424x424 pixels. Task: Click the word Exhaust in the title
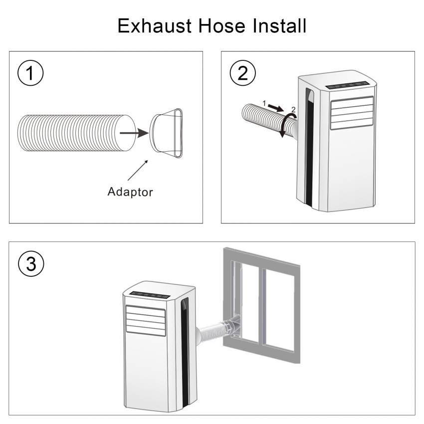(x=155, y=26)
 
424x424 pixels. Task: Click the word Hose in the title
(x=222, y=26)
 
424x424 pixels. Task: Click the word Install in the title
(x=279, y=26)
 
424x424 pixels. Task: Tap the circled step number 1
(x=30, y=73)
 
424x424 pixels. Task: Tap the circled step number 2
(x=242, y=73)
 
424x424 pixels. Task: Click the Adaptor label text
(x=130, y=192)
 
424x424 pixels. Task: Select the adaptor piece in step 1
(x=166, y=133)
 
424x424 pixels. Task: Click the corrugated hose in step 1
(x=77, y=133)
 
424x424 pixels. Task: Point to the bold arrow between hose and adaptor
(x=134, y=133)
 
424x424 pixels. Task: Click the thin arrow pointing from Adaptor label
(x=138, y=170)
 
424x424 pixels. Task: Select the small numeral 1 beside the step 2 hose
(x=264, y=103)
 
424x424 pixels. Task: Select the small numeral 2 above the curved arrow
(x=293, y=110)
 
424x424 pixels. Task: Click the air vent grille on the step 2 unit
(x=352, y=113)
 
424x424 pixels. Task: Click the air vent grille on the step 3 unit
(x=146, y=321)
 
